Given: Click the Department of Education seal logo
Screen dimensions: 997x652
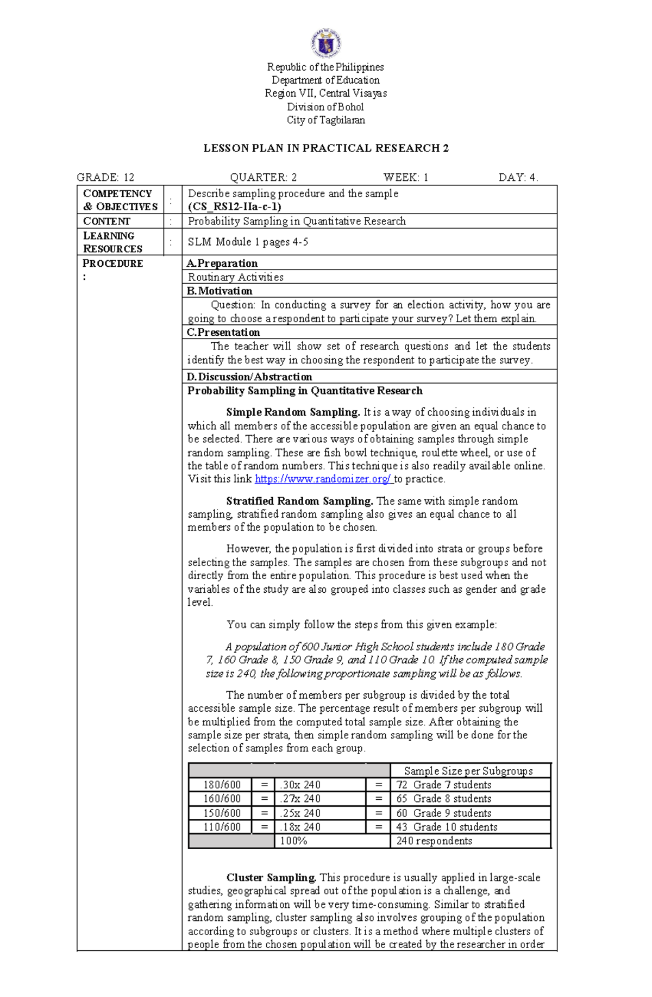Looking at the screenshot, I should click(x=326, y=43).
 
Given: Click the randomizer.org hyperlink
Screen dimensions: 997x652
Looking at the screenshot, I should click(x=323, y=479).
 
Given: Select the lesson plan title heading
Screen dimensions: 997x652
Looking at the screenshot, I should click(x=326, y=148).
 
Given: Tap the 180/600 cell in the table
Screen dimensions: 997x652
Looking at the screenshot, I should click(x=222, y=785).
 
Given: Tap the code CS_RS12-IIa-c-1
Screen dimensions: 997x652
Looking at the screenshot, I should click(x=234, y=206).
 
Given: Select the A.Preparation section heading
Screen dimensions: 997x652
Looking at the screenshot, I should click(x=222, y=263).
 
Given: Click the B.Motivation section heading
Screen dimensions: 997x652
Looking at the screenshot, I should click(x=220, y=291).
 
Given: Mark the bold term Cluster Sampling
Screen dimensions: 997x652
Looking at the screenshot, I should click(x=271, y=877).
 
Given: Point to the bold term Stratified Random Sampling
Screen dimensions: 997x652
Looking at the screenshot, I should click(x=299, y=500).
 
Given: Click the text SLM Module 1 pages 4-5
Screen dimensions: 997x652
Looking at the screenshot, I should click(x=248, y=242).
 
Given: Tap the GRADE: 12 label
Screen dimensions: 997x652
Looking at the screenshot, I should click(x=105, y=177).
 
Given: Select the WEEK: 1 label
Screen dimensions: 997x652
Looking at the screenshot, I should click(x=406, y=177).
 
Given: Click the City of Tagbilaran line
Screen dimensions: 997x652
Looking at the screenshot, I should click(x=326, y=120).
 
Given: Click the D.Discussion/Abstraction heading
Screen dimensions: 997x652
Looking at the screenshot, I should click(x=249, y=377).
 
